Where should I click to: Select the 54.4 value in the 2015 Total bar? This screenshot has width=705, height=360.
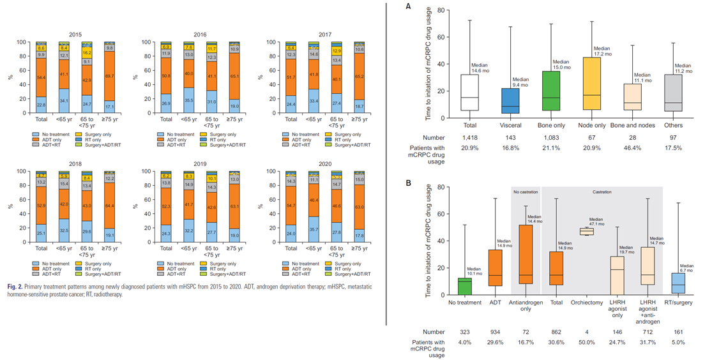point(41,77)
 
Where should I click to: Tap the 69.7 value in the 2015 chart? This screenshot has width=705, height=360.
point(109,75)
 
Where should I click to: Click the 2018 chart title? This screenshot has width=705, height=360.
point(76,164)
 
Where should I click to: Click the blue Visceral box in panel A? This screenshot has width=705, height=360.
point(510,101)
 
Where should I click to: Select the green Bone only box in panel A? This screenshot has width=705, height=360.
point(551,92)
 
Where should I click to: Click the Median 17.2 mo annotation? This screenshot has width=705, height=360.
point(602,52)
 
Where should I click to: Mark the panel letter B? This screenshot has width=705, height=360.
point(409,183)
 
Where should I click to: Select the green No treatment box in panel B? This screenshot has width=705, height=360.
point(465,286)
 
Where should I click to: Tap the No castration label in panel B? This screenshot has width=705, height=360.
point(526,192)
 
